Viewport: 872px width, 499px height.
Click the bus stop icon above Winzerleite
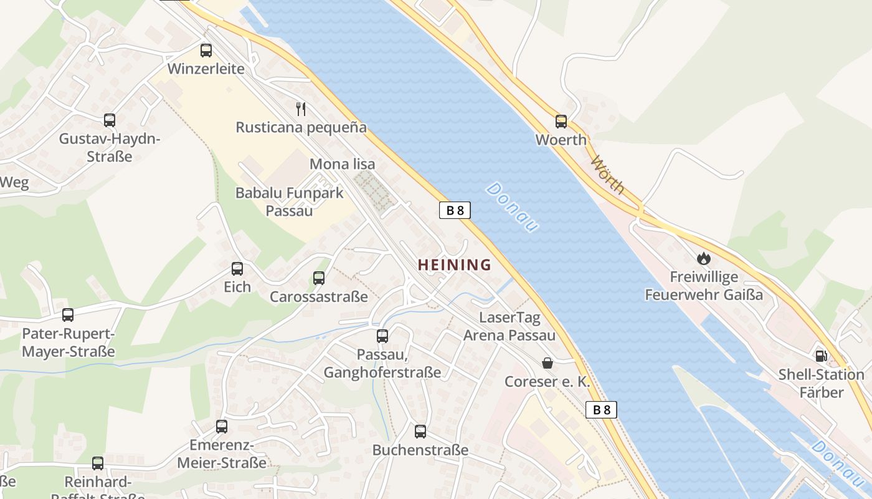tap(206, 51)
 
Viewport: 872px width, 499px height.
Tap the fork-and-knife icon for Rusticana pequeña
tap(301, 109)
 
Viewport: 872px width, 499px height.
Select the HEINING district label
tap(454, 264)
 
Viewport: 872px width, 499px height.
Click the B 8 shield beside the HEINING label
tap(455, 210)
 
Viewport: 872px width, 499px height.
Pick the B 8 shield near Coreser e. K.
tap(602, 409)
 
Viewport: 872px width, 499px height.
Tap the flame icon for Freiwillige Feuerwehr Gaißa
tap(704, 258)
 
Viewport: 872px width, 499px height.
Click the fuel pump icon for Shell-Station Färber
tap(822, 356)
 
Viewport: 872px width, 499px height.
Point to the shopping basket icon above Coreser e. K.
tap(547, 363)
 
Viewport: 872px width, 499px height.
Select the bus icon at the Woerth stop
tap(561, 122)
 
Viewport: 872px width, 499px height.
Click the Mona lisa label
tap(343, 164)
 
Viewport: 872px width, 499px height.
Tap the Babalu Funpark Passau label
tap(289, 201)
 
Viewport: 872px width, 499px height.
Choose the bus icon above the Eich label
tap(237, 269)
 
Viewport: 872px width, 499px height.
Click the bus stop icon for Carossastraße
tap(319, 278)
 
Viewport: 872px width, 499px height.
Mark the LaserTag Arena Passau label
tap(509, 326)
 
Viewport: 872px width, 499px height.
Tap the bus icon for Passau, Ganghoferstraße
tap(382, 336)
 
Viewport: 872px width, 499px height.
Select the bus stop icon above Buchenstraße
tap(420, 431)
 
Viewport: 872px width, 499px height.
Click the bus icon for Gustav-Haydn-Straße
tap(110, 120)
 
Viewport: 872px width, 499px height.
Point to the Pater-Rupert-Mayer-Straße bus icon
tap(68, 315)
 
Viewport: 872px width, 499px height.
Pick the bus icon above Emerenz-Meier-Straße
tap(222, 427)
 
